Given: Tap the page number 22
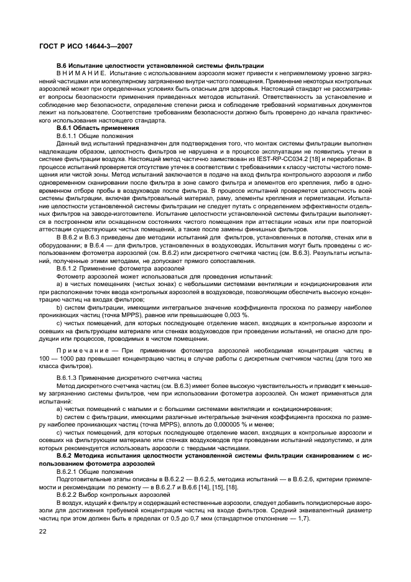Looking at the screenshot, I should (x=43, y=530).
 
